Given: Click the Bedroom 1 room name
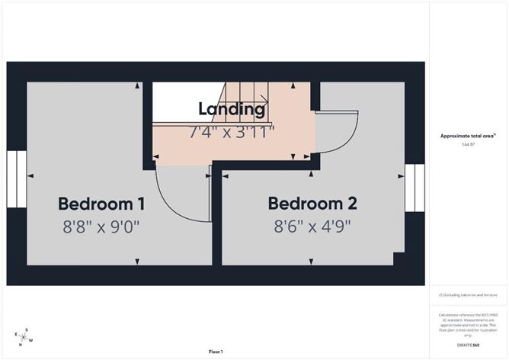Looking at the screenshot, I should pyautogui.click(x=101, y=204).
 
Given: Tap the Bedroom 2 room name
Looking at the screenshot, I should pyautogui.click(x=312, y=204).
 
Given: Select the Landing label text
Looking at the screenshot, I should pyautogui.click(x=232, y=108).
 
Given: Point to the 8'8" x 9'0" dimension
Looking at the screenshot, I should pyautogui.click(x=101, y=227).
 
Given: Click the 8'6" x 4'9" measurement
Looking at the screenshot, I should pyautogui.click(x=312, y=227).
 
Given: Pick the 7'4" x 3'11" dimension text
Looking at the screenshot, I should pyautogui.click(x=232, y=130).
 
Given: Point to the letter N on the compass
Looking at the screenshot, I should pyautogui.click(x=21, y=345).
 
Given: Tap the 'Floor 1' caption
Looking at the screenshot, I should pyautogui.click(x=216, y=352).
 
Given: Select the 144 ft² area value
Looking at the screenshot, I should pyautogui.click(x=468, y=145).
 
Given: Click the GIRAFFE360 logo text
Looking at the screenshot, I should pyautogui.click(x=469, y=345).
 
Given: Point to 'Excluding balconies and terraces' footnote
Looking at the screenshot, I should pyautogui.click(x=468, y=294).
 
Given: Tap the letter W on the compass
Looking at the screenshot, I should pyautogui.click(x=31, y=340).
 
